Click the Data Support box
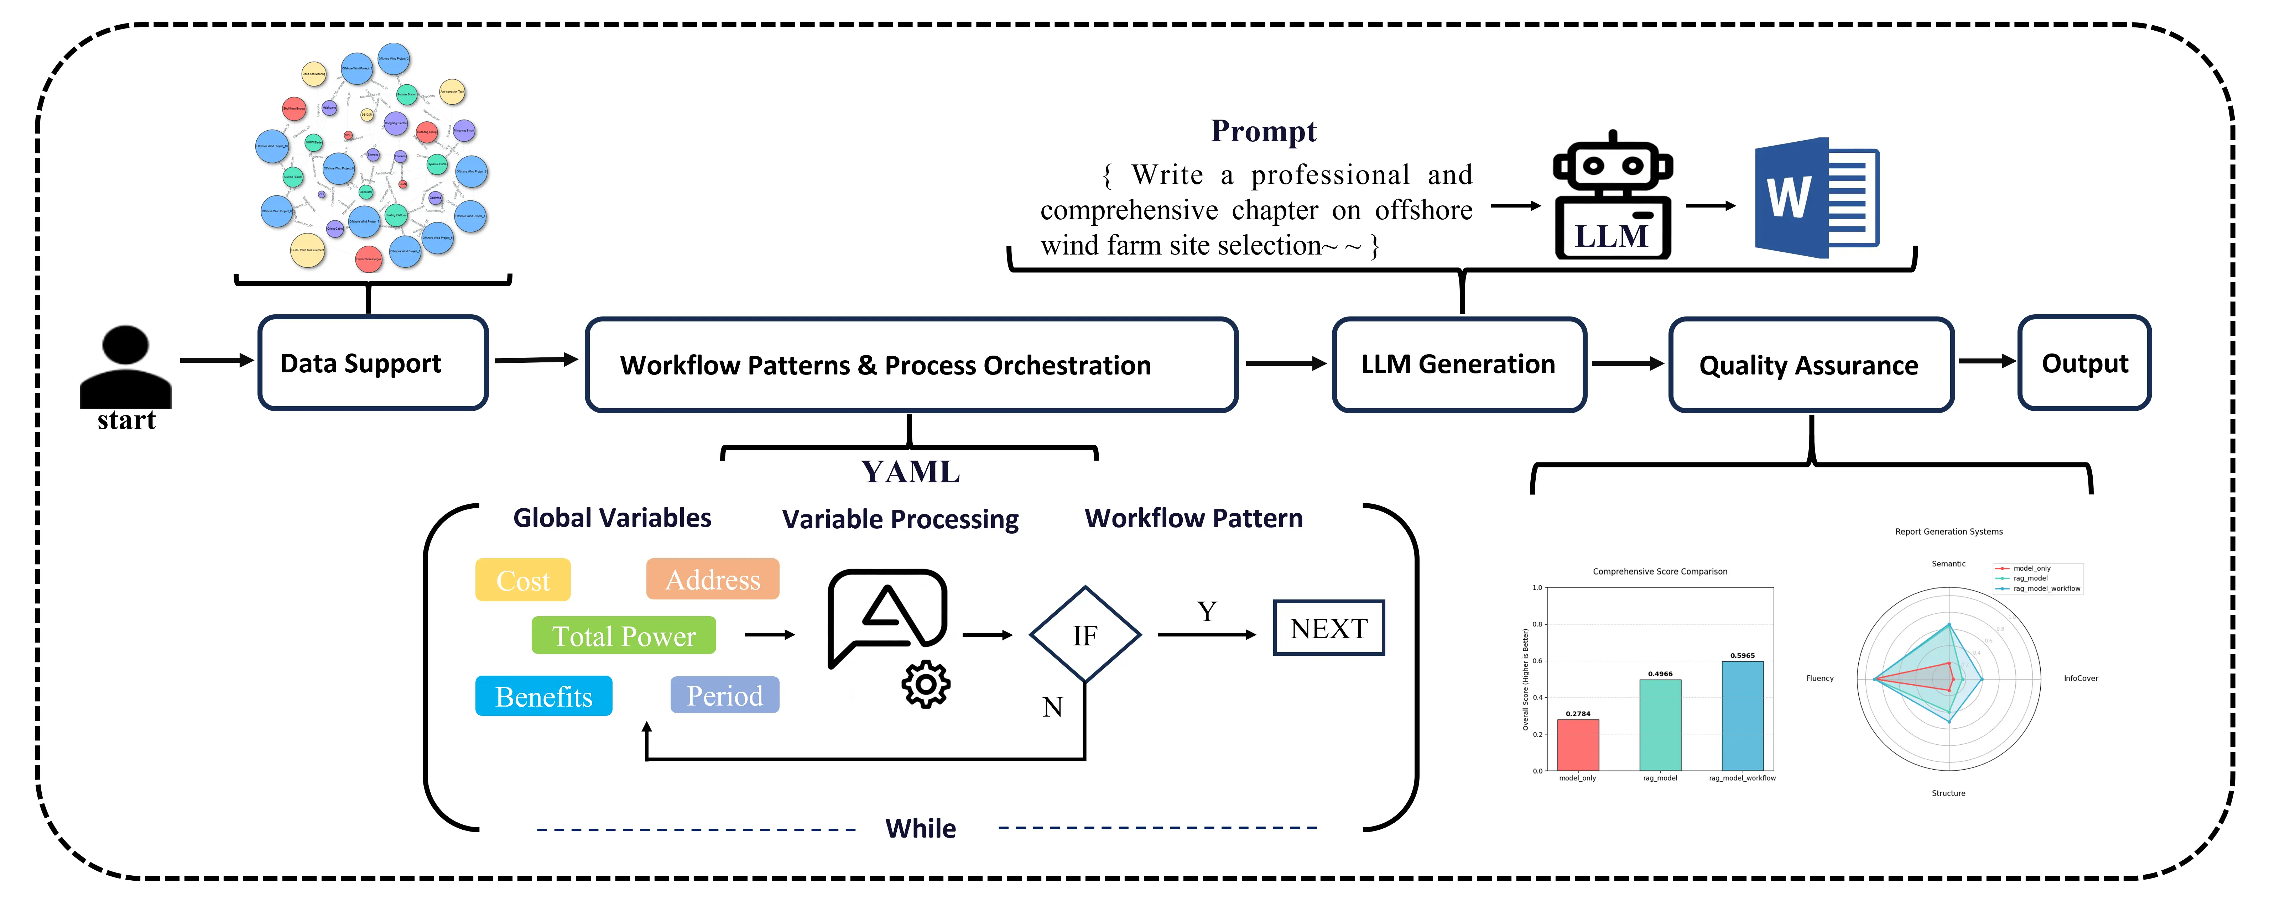coord(373,363)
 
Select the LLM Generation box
coord(1458,364)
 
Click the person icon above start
coord(125,366)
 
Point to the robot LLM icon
coord(1613,198)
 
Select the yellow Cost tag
coord(522,580)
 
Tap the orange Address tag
coord(712,579)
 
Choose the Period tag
coord(724,695)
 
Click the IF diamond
coord(1085,634)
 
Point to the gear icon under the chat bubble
coord(925,684)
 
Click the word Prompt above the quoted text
coord(1263,131)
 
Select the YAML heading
coord(910,472)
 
